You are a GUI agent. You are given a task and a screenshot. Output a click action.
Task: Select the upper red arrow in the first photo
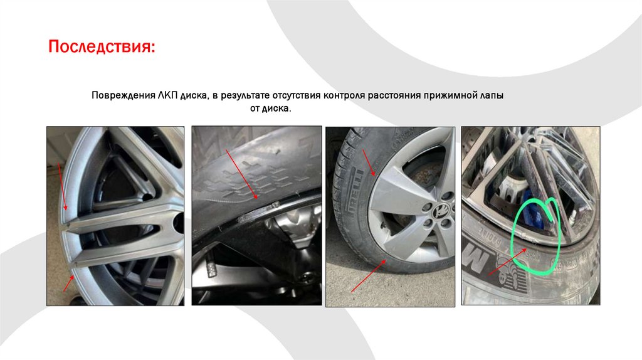(63, 187)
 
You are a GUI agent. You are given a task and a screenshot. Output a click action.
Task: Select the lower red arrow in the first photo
(69, 283)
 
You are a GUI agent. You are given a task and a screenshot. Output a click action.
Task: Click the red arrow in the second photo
(241, 174)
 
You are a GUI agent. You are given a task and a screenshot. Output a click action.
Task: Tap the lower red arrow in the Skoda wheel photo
(368, 275)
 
